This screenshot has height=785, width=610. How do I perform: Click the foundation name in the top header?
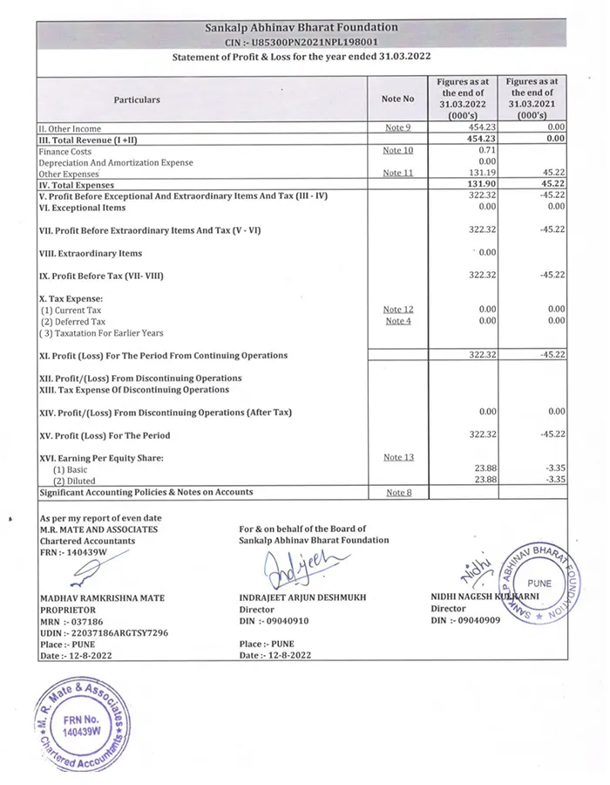301,27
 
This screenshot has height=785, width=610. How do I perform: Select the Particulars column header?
137,99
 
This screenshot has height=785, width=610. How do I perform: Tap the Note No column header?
397,99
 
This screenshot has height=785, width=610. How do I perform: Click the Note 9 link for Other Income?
397,128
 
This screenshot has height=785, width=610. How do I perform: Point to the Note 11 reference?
397,173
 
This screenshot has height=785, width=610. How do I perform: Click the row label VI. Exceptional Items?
83,208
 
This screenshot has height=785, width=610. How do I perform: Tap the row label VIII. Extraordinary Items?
91,254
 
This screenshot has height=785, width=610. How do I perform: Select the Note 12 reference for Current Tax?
397,310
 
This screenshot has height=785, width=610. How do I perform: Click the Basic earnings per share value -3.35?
553,469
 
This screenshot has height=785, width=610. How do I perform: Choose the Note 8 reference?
397,493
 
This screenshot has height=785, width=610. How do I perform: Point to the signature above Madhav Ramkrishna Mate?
83,572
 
